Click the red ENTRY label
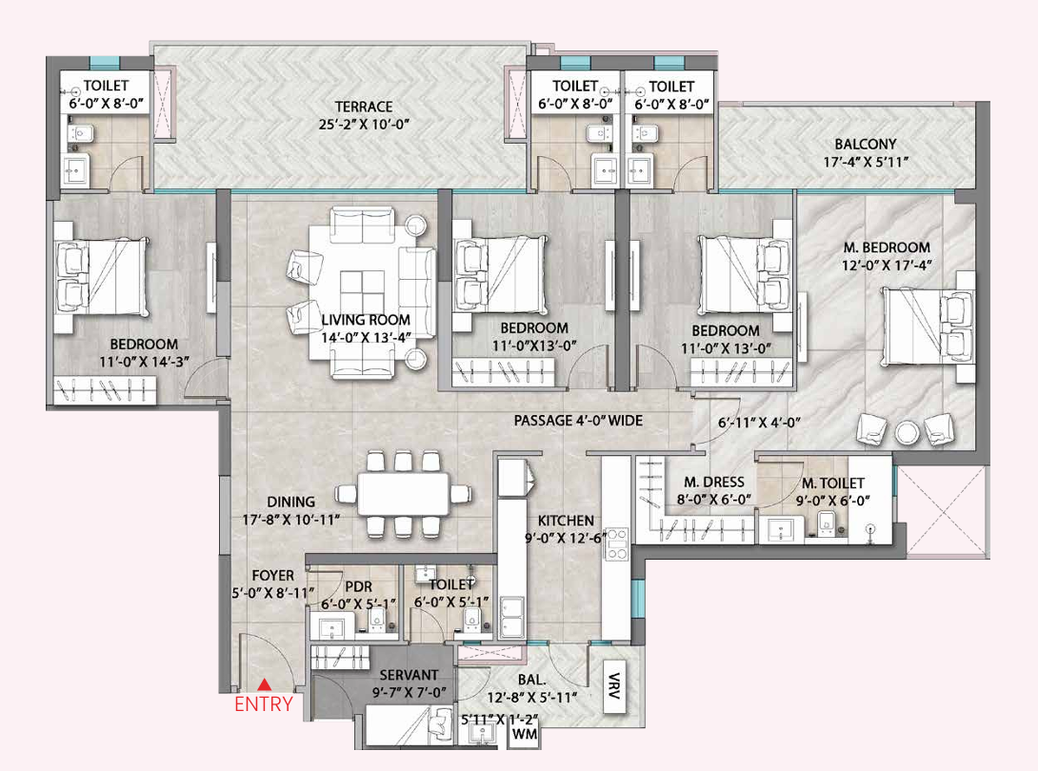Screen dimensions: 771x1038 [263, 705]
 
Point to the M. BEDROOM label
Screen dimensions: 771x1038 [887, 248]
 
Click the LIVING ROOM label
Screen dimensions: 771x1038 [366, 320]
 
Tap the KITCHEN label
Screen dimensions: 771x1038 [566, 522]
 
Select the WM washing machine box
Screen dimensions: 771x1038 [522, 735]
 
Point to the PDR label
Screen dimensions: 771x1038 [358, 586]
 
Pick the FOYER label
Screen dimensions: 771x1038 [272, 576]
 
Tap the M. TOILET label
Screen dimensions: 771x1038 [833, 484]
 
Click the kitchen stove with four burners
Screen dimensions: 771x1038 [617, 544]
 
